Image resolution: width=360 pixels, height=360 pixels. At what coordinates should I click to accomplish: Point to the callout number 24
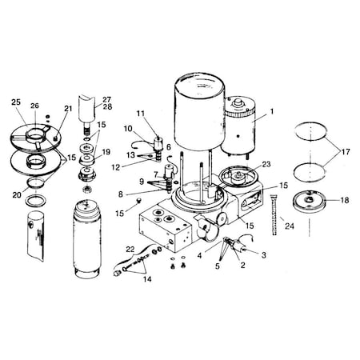pos(290,226)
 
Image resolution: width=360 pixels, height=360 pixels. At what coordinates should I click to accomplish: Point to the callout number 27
pos(107,99)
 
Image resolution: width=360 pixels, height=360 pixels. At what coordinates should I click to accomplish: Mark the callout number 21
pos(67,109)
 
